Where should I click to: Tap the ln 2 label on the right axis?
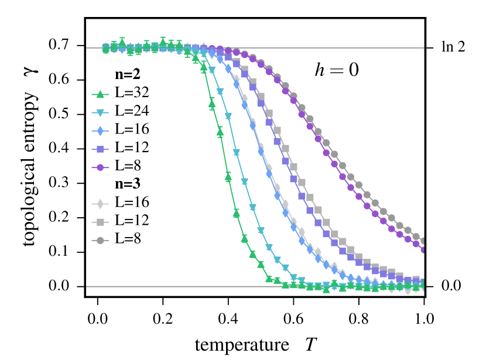(453, 47)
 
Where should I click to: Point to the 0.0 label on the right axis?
(451, 286)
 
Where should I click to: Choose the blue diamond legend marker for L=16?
(101, 131)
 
